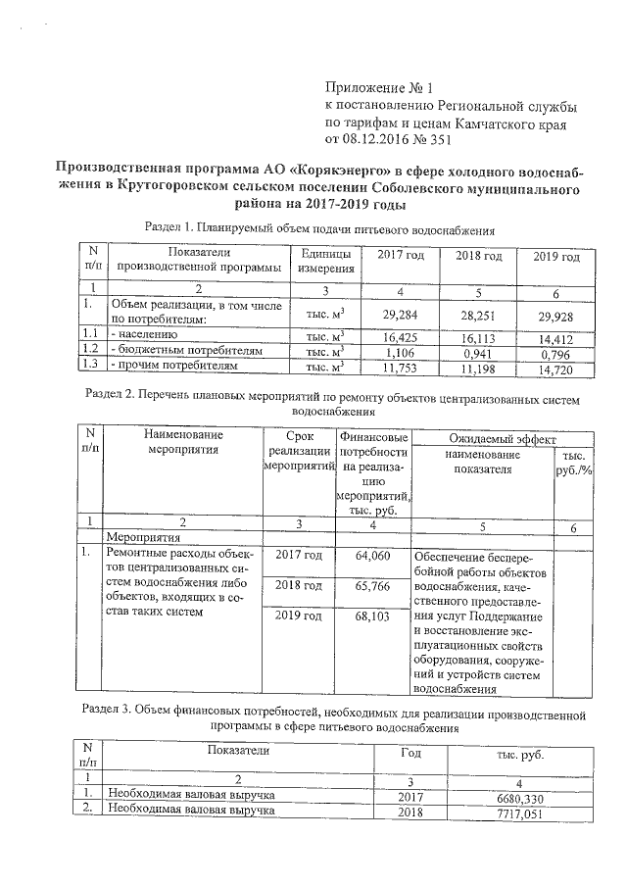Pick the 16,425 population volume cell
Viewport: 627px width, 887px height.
point(401,335)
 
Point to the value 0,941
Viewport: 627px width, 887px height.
point(479,351)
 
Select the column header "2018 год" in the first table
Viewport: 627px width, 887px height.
point(479,257)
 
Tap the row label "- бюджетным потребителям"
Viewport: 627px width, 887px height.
point(186,351)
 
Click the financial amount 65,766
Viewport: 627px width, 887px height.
point(373,586)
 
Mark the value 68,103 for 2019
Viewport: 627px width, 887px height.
point(373,616)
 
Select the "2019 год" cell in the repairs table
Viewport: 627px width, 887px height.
point(299,616)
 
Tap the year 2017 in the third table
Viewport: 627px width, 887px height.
point(410,799)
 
